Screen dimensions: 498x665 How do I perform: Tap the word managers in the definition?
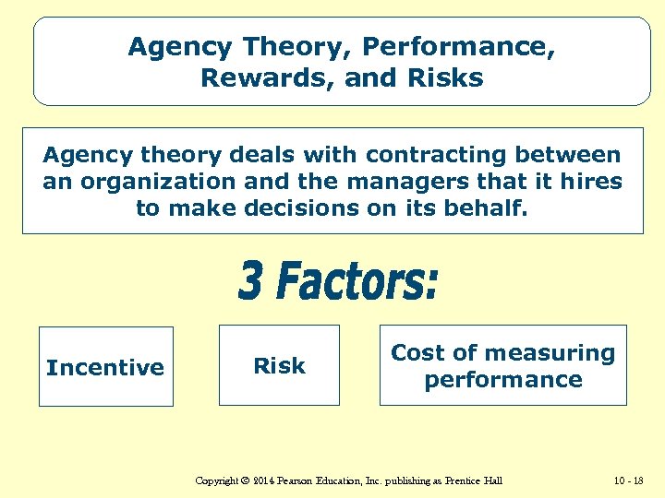pyautogui.click(x=410, y=182)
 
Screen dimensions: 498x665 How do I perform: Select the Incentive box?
pyautogui.click(x=105, y=367)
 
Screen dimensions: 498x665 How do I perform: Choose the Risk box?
pyautogui.click(x=279, y=365)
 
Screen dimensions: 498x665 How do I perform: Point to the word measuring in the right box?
pyautogui.click(x=540, y=352)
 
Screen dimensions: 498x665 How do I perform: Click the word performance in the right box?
pyautogui.click(x=503, y=379)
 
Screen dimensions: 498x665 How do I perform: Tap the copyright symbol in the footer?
pyautogui.click(x=244, y=481)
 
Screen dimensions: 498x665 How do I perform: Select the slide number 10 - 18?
pyautogui.click(x=628, y=481)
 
